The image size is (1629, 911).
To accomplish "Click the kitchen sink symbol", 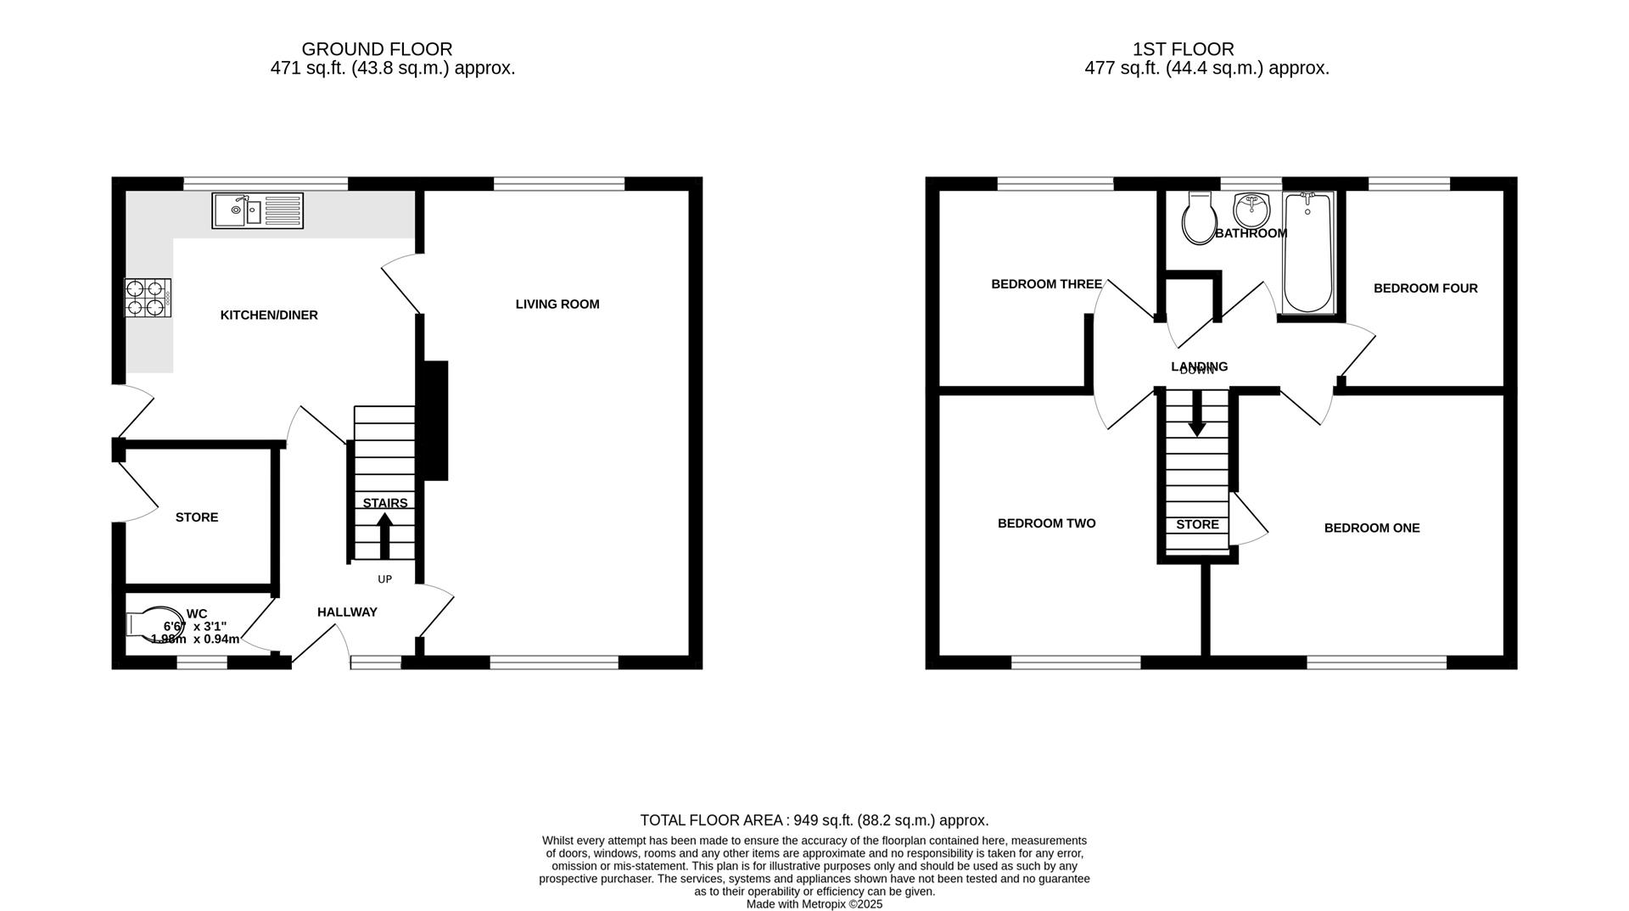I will coord(257,210).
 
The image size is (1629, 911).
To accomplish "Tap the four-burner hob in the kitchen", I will coord(148,299).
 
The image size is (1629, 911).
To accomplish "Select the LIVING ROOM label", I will coord(557,305).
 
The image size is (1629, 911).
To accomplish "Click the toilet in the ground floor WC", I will coord(154,623).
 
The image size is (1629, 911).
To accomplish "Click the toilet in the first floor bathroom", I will coord(1199,218).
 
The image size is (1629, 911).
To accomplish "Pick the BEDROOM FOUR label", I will coord(1425,288).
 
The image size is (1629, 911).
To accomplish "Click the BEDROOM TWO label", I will coord(1046,523).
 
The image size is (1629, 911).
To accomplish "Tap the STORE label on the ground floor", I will coord(197,517).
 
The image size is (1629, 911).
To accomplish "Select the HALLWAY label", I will coord(347,612).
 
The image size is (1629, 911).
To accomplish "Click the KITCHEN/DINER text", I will coord(269,316).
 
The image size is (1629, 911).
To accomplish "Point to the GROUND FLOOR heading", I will coord(377,49).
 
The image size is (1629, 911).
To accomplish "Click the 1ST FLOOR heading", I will coord(1183,49).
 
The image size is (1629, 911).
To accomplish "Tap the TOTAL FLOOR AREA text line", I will coord(814,820).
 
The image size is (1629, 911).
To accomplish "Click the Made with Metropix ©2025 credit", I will coord(814,904).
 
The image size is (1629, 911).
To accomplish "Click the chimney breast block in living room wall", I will coord(435,421).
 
